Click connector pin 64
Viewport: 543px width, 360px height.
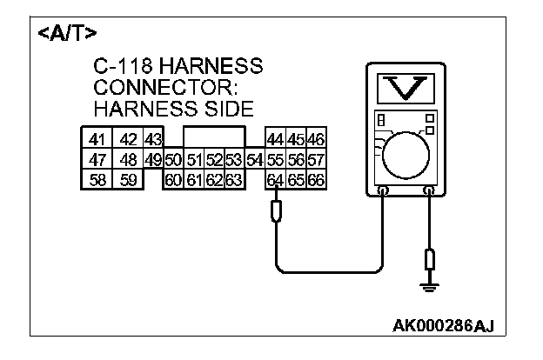275,180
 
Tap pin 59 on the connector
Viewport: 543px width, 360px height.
128,180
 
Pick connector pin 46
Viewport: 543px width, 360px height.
315,140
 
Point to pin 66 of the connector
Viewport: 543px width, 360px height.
315,180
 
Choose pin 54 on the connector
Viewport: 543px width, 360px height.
254,160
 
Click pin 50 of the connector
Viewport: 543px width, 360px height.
172,160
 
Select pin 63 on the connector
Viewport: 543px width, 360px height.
232,180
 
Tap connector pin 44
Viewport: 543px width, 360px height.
275,140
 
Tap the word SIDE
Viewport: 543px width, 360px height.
227,109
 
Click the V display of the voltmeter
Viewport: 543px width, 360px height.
405,88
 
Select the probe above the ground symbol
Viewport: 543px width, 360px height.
427,260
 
